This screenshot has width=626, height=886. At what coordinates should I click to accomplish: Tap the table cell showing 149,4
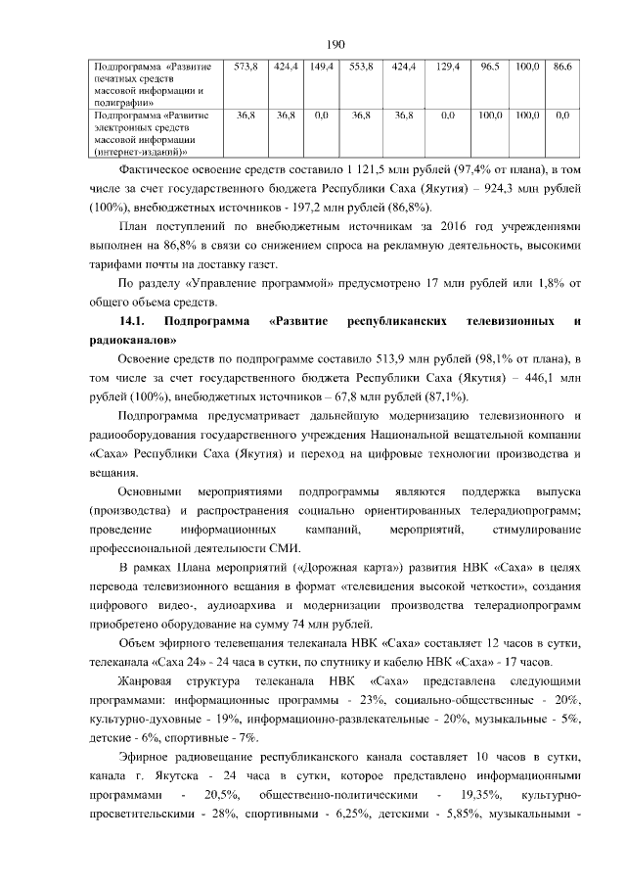pyautogui.click(x=319, y=66)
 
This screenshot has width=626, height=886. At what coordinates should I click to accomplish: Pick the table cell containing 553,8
pyautogui.click(x=360, y=66)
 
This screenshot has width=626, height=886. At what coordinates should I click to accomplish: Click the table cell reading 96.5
pyautogui.click(x=491, y=66)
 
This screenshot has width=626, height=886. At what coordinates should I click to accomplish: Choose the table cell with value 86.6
pyautogui.click(x=562, y=66)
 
